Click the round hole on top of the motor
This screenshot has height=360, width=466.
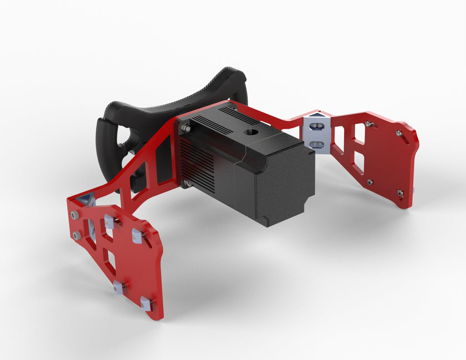click(249, 132)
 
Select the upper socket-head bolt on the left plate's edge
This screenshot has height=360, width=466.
click(74, 214)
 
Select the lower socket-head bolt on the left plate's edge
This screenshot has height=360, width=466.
click(76, 235)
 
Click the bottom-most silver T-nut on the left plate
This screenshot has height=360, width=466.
click(146, 304)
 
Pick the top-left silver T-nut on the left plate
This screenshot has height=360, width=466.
click(109, 221)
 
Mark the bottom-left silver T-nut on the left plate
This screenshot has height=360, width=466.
click(118, 288)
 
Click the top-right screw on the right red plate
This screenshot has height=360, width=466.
click(399, 133)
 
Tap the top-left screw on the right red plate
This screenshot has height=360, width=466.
click(368, 124)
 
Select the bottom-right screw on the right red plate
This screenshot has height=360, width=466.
click(400, 193)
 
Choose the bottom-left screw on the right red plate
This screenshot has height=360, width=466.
click(370, 182)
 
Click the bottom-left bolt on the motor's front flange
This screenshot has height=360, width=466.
click(186, 184)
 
